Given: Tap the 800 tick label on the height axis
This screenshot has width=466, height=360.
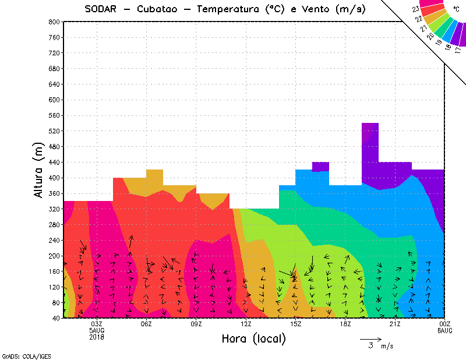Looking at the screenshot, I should pos(54,22).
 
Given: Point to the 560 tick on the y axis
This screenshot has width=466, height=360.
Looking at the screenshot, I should pos(54,115).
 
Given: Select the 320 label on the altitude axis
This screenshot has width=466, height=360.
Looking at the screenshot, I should pos(54,209).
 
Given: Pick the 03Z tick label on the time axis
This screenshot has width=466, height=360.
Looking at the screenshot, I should pos(97,324).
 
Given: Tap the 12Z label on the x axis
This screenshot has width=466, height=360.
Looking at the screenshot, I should pos(246,324).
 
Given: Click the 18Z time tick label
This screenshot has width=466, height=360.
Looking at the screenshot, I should pos(345,324).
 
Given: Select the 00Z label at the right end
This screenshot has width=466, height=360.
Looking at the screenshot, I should pos(444,324).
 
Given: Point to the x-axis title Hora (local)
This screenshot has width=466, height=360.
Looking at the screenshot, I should pos(253,338).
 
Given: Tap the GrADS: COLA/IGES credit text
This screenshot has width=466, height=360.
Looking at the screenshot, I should pos(20,355).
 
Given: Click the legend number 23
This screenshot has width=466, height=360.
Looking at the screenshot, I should pos(415,9).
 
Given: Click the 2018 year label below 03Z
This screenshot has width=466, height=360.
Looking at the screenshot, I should pos(97,336).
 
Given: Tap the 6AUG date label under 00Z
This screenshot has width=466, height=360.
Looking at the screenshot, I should pos(444,330).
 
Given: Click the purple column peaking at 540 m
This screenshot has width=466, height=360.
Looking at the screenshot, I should pos(370,151).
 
